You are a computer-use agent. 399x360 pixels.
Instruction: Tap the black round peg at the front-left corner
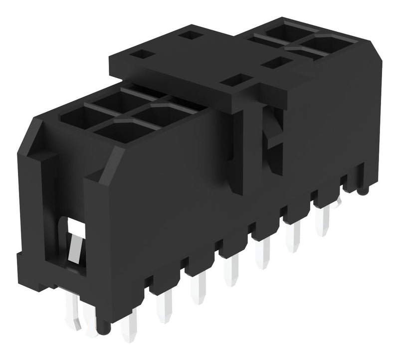coord(102,327)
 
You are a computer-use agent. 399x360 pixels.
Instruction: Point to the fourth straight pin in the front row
coord(231,272)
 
